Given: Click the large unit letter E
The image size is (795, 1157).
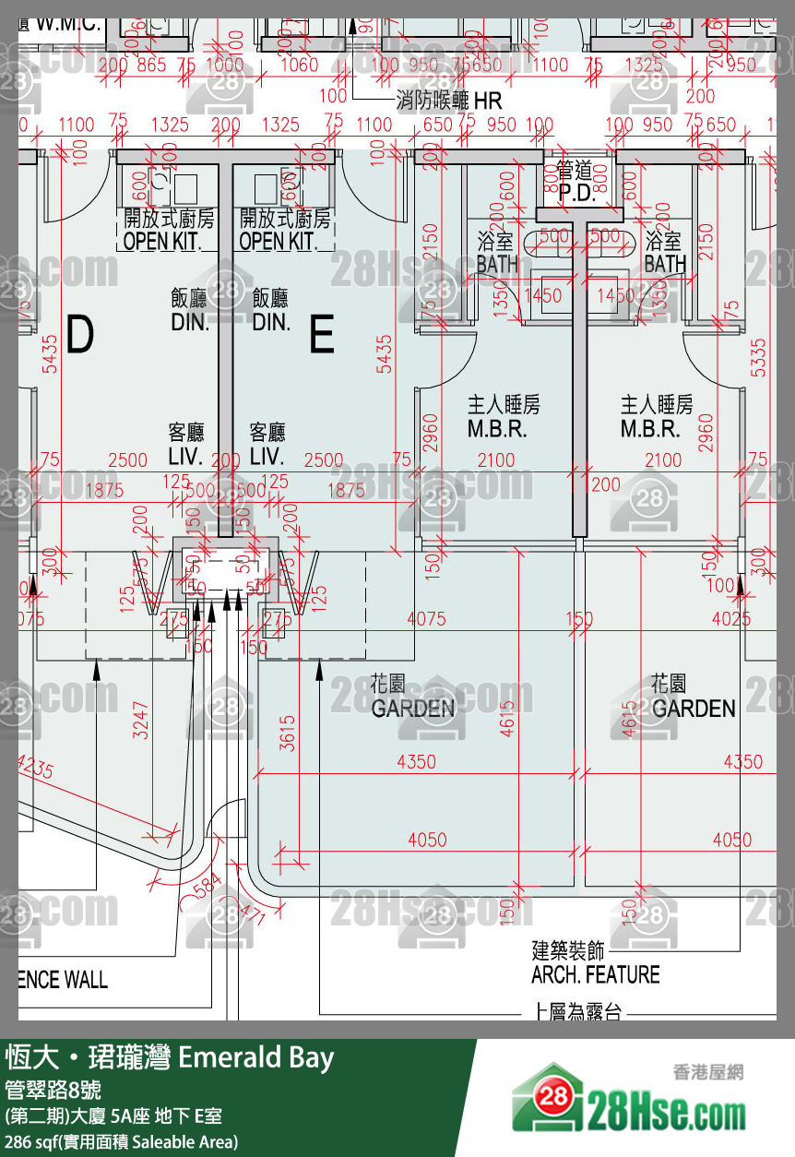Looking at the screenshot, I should tap(322, 335).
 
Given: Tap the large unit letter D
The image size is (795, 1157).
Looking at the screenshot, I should tap(80, 335).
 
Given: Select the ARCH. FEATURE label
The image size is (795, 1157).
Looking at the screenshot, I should tap(596, 974).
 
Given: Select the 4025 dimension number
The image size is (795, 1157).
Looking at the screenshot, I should tap(731, 619).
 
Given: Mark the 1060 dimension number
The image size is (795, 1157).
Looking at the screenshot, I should tap(299, 65).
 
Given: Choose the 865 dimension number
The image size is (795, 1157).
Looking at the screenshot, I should tap(151, 65).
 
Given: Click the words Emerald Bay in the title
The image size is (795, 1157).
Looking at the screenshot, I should tap(255, 1057).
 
